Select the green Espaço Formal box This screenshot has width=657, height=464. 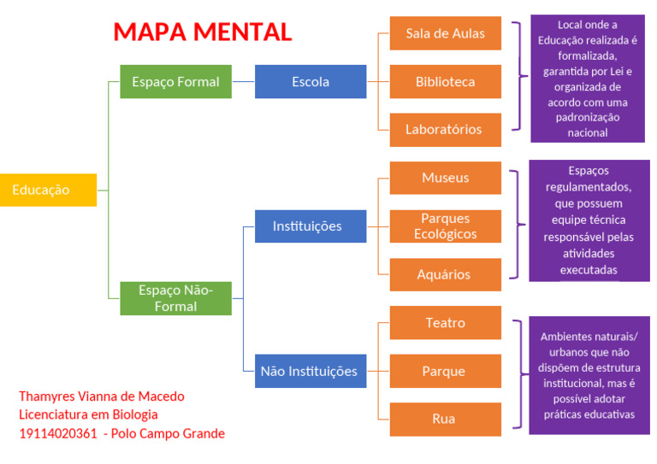175,82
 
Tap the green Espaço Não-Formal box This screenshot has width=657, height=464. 175,298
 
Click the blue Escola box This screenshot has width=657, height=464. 311,82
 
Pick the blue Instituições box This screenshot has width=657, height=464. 307,226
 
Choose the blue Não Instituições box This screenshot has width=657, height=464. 309,371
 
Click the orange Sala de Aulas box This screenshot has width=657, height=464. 445,33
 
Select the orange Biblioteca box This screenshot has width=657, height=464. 445,82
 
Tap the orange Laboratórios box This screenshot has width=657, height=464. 445,130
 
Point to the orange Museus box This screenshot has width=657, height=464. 445,178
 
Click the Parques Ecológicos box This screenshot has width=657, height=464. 445,226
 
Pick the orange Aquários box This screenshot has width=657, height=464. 445,274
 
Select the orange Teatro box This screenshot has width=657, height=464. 445,323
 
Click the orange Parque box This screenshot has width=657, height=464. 445,371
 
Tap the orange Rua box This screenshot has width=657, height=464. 445,419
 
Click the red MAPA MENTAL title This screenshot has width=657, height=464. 203,32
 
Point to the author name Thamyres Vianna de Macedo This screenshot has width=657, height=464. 102,396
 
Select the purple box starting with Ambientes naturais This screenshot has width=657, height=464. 588,375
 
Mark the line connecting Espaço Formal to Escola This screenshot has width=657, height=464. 243,82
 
